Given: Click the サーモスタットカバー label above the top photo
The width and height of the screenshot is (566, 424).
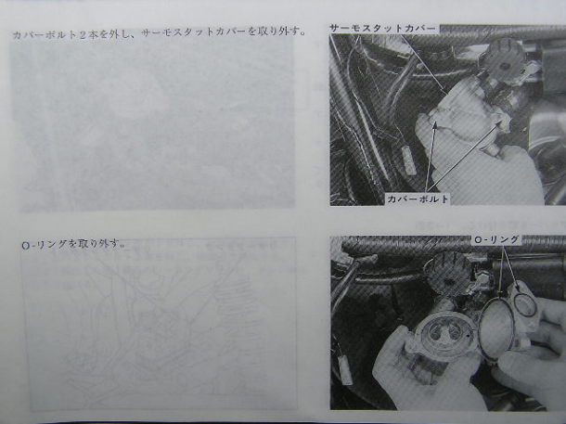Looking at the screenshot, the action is (x=383, y=29).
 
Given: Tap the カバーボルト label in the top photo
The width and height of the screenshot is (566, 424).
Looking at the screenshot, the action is (x=418, y=199).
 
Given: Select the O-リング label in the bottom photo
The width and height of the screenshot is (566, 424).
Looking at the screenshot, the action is (x=496, y=239).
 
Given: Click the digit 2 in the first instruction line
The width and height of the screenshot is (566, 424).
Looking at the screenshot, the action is (x=84, y=34).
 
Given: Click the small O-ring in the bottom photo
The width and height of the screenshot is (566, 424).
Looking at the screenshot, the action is (x=523, y=304).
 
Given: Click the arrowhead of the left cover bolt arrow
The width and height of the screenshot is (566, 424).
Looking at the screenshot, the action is (x=435, y=125).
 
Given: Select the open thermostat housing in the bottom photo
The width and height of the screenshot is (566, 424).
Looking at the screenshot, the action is (x=442, y=335).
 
